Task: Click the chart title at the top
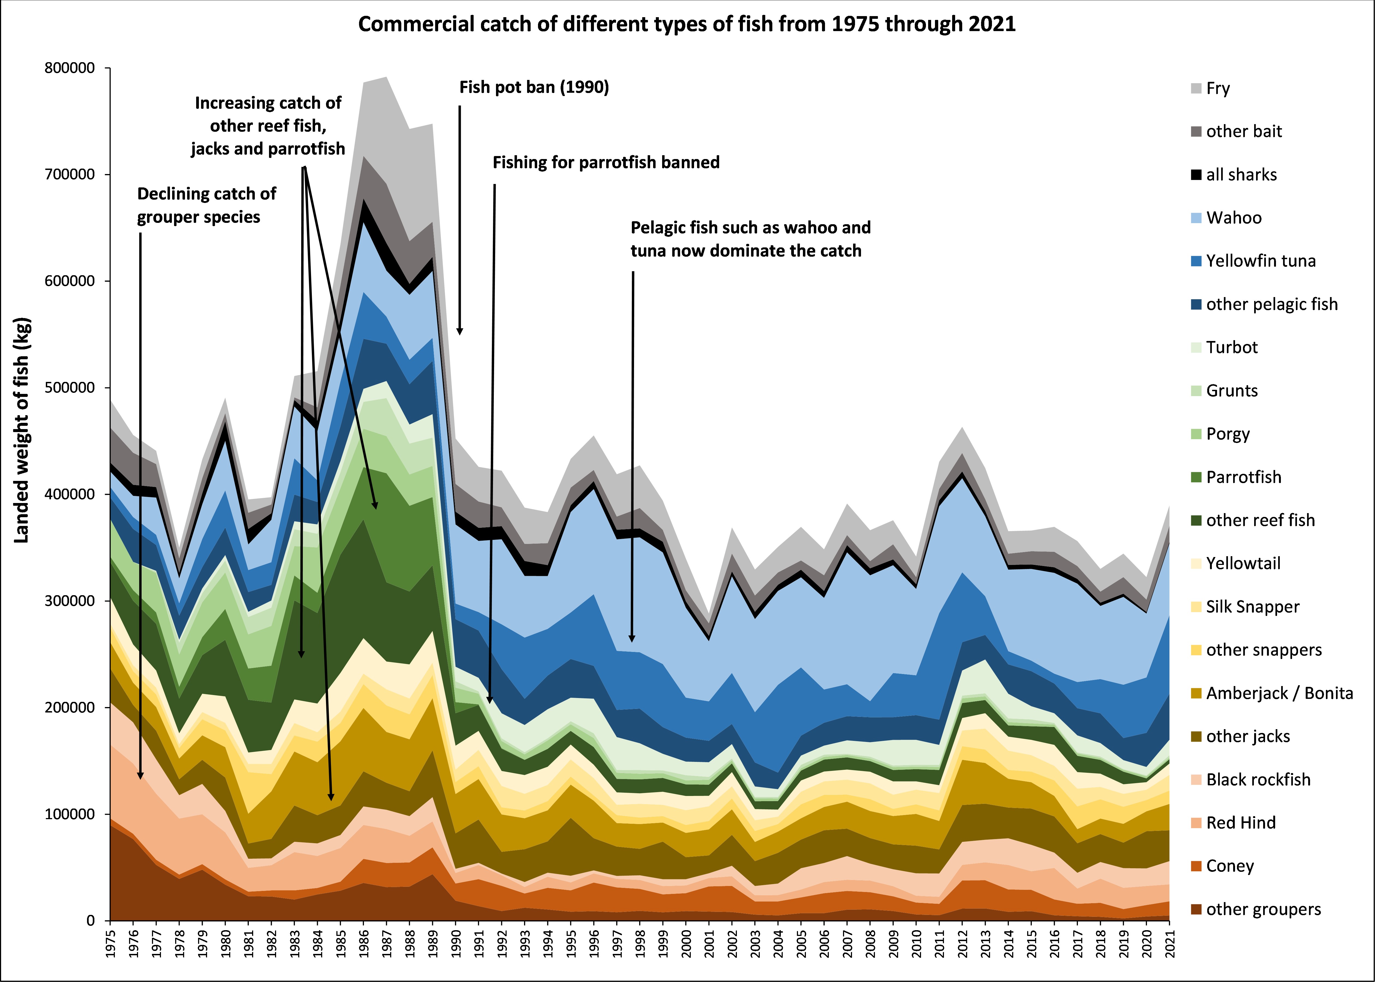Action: coord(687,24)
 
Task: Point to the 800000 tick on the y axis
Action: coord(70,68)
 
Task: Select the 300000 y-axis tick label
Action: coord(70,601)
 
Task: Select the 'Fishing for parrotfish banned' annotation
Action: coord(606,163)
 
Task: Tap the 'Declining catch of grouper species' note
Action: coord(206,206)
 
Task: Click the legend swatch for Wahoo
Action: coord(1196,218)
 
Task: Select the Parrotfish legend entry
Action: coord(1243,477)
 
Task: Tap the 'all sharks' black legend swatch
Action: coord(1196,175)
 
